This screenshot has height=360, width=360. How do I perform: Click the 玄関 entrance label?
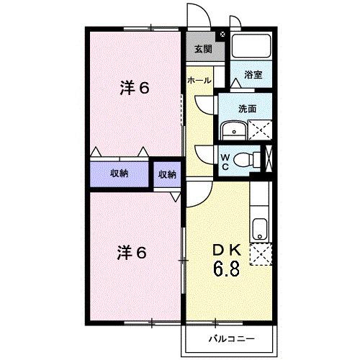point(202,50)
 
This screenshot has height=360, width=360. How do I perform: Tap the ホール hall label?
point(199,81)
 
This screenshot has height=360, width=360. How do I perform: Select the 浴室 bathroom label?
point(251,74)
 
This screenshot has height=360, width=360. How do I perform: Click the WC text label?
point(225,161)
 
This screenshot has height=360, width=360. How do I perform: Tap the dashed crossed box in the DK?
point(259,254)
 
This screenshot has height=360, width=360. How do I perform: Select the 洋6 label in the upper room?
point(135,89)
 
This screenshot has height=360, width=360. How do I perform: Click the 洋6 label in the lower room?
point(133,253)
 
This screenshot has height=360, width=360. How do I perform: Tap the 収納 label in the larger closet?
point(119,174)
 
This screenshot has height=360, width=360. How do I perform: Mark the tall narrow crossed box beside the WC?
point(269,159)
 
